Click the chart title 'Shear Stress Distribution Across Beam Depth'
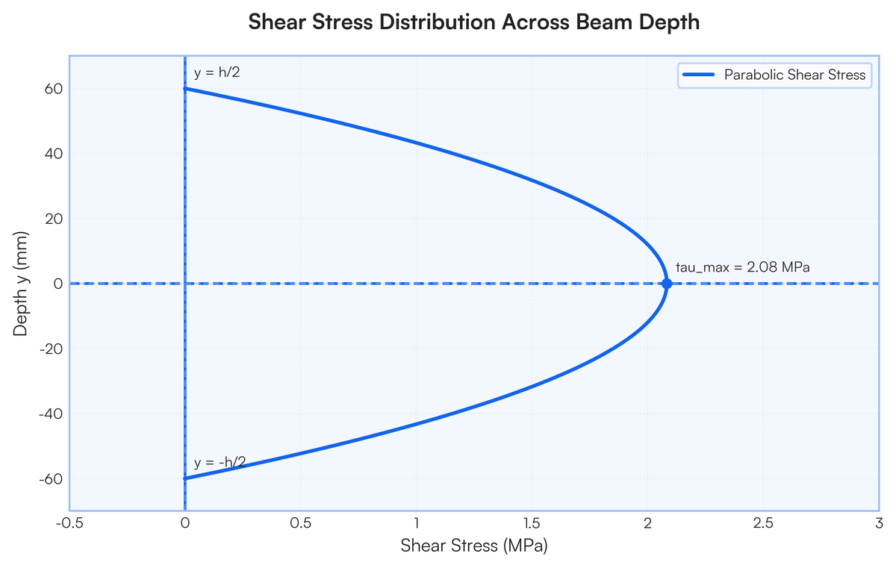tap(473, 22)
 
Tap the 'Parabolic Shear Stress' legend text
tap(794, 75)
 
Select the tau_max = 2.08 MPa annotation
tap(742, 266)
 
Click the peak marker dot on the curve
tap(667, 284)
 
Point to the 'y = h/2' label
tap(217, 73)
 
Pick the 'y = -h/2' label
tap(220, 462)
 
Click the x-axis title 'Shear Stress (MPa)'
tap(474, 546)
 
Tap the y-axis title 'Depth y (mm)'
tap(21, 284)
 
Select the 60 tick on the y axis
tap(52, 89)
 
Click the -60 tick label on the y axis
tap(50, 478)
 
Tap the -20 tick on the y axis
tap(50, 349)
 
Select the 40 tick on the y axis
tap(52, 154)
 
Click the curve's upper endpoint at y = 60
tap(185, 89)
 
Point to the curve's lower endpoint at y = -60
tap(185, 478)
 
